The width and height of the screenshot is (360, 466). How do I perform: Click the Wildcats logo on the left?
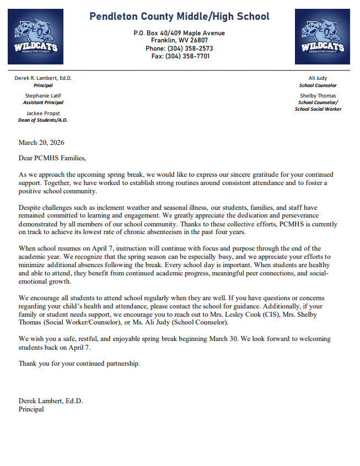35,37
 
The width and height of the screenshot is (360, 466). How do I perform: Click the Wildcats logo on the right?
322,37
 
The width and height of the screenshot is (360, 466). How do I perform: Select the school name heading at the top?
179,17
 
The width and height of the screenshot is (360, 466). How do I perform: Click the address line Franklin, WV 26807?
179,41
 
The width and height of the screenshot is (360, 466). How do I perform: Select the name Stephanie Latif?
43,95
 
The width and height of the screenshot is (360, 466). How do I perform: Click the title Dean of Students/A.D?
43,120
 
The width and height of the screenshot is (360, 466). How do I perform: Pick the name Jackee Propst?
43,113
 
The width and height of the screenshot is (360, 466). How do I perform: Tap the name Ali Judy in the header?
318,78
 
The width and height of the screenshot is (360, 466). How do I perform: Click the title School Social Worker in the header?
318,109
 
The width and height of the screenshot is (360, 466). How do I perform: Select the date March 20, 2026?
41,143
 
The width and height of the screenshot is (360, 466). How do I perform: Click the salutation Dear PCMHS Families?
52,159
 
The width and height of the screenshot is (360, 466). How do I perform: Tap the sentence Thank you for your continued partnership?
79,364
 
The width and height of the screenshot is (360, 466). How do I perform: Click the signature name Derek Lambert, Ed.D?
51,401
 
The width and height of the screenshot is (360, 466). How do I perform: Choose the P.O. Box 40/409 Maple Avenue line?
179,33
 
